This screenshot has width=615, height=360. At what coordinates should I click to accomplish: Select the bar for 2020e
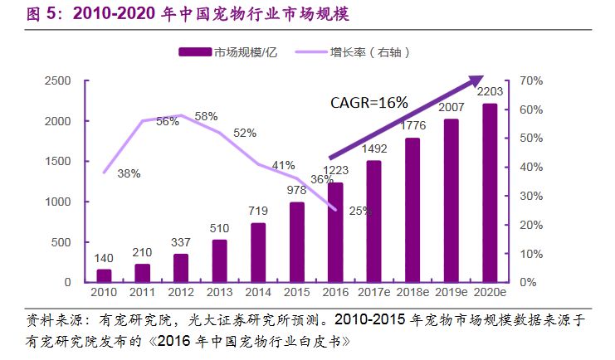[x=490, y=192]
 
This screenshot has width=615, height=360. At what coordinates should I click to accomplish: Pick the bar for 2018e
[x=412, y=210]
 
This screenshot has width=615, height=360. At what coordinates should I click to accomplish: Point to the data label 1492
[x=374, y=150]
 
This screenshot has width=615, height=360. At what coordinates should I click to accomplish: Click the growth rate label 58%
[x=206, y=116]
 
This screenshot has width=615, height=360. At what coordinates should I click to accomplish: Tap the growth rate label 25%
[x=359, y=211]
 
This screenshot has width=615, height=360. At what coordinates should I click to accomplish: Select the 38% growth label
[x=129, y=173]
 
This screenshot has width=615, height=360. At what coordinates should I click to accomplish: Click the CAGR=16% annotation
[x=369, y=103]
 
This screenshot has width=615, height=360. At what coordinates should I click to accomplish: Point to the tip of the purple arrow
[x=481, y=77]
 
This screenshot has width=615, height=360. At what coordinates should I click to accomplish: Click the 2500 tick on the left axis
[x=59, y=80]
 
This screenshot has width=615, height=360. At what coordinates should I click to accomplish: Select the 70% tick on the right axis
[x=532, y=80]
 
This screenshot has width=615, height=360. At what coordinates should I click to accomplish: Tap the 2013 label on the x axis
[x=219, y=294]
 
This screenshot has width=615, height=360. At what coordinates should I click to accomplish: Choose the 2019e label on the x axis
[x=451, y=294]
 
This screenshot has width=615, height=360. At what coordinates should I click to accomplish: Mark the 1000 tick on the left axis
[x=59, y=202]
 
